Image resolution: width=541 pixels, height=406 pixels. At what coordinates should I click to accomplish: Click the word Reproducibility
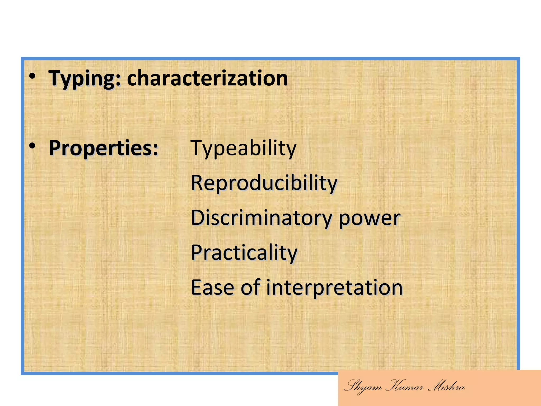264,183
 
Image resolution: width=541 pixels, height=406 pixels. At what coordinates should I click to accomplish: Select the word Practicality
244,252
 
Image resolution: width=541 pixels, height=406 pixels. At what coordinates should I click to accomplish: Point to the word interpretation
334,287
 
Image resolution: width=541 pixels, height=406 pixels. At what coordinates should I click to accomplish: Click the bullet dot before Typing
32,76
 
